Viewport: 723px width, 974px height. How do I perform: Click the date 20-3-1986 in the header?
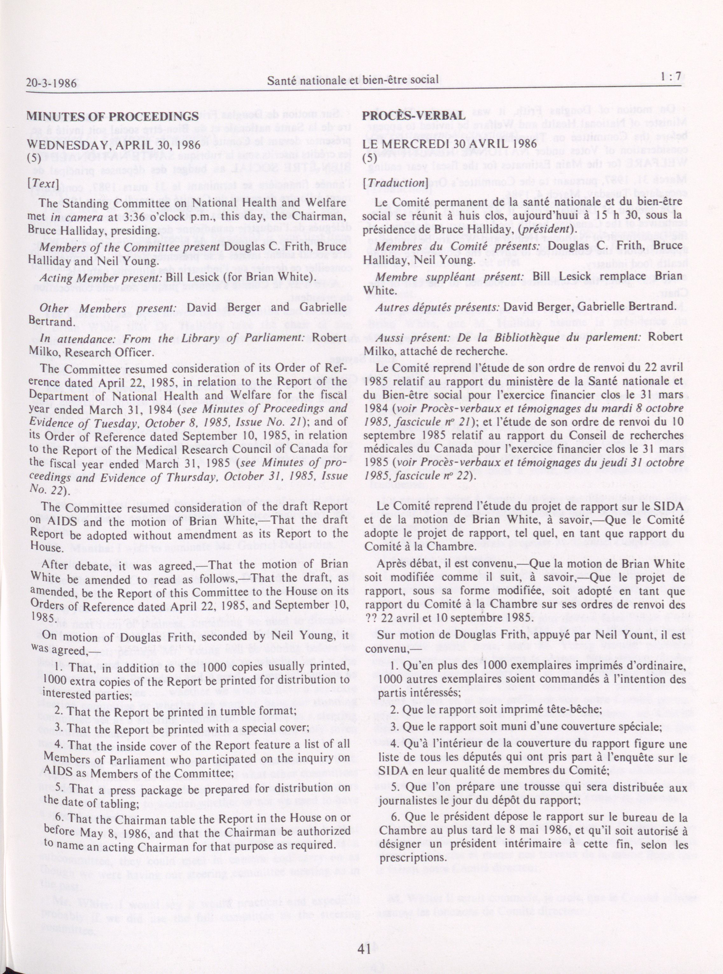[51, 83]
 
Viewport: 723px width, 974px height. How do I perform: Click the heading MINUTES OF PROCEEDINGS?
[113, 116]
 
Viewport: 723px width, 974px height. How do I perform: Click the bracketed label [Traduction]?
[395, 183]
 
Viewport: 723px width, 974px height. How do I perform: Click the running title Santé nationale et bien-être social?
[353, 79]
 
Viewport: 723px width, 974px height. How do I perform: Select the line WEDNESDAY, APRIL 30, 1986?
[114, 144]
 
